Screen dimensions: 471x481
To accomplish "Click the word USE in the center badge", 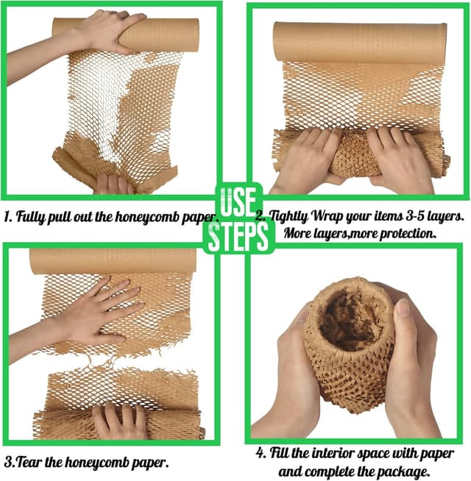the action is pyautogui.click(x=238, y=202).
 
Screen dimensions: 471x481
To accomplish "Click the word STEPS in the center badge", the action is pyautogui.click(x=238, y=237).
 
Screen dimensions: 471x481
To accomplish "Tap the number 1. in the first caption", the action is pyautogui.click(x=8, y=216).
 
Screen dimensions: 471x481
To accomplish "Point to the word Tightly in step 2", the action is pyautogui.click(x=289, y=217).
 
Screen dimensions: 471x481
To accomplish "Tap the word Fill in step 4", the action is pyautogui.click(x=279, y=453).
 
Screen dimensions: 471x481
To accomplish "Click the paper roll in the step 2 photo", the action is pyautogui.click(x=360, y=42).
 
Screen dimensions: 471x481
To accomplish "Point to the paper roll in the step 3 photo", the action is pyautogui.click(x=113, y=261).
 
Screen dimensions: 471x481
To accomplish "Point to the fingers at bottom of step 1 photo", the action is pyautogui.click(x=113, y=184).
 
